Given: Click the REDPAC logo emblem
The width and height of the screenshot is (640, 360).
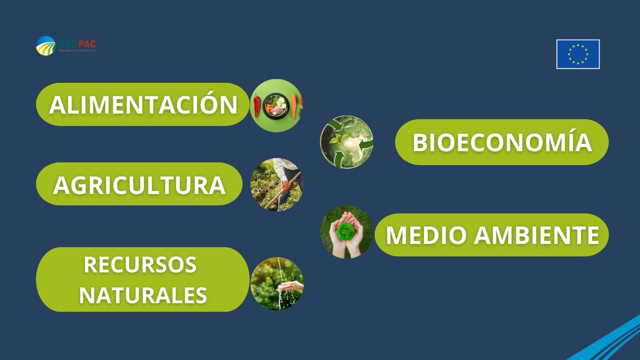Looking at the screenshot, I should pyautogui.click(x=45, y=45).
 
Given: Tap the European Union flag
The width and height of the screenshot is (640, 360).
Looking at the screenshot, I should pyautogui.click(x=578, y=54).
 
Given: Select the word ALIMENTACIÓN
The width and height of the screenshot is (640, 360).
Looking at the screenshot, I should pyautogui.click(x=143, y=105).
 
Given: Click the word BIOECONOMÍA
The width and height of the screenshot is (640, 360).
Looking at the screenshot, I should pyautogui.click(x=502, y=142).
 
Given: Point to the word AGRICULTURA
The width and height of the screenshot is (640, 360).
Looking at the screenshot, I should pyautogui.click(x=139, y=185).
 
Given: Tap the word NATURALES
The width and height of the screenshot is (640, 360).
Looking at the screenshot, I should pyautogui.click(x=143, y=295).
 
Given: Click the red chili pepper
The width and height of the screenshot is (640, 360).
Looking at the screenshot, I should pyautogui.click(x=257, y=105).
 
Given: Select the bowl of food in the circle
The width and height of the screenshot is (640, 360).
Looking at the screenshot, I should pyautogui.click(x=275, y=106).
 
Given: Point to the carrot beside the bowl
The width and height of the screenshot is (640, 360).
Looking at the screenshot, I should pyautogui.click(x=294, y=105).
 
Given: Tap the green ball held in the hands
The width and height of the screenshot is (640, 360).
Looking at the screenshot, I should pyautogui.click(x=346, y=231).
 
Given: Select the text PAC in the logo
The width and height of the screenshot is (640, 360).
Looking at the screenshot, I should pyautogui.click(x=87, y=44).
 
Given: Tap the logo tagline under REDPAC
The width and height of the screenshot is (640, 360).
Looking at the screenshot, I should pyautogui.click(x=77, y=50).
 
